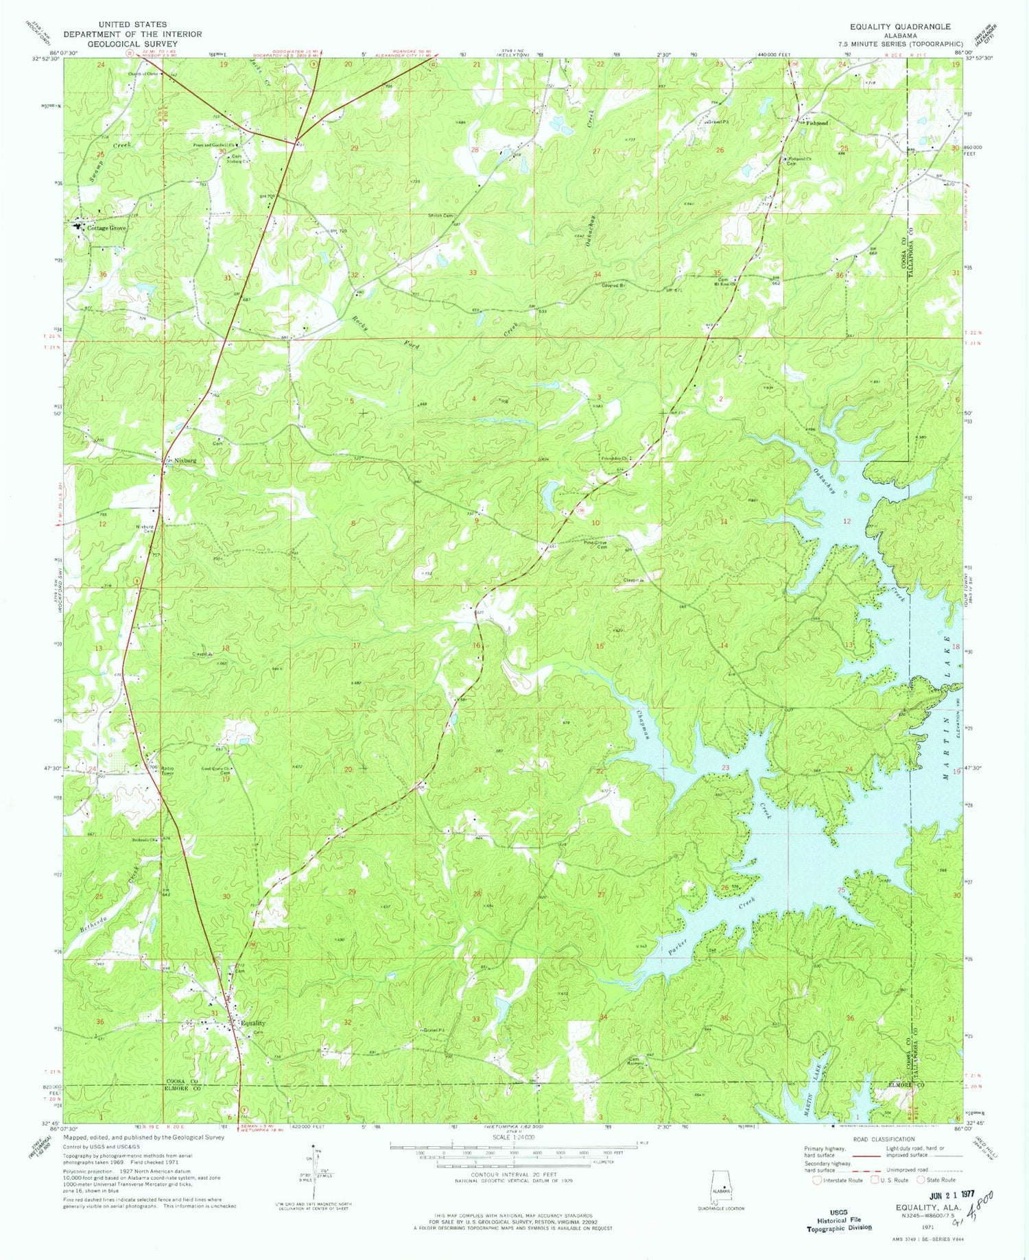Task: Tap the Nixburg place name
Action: [185, 461]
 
